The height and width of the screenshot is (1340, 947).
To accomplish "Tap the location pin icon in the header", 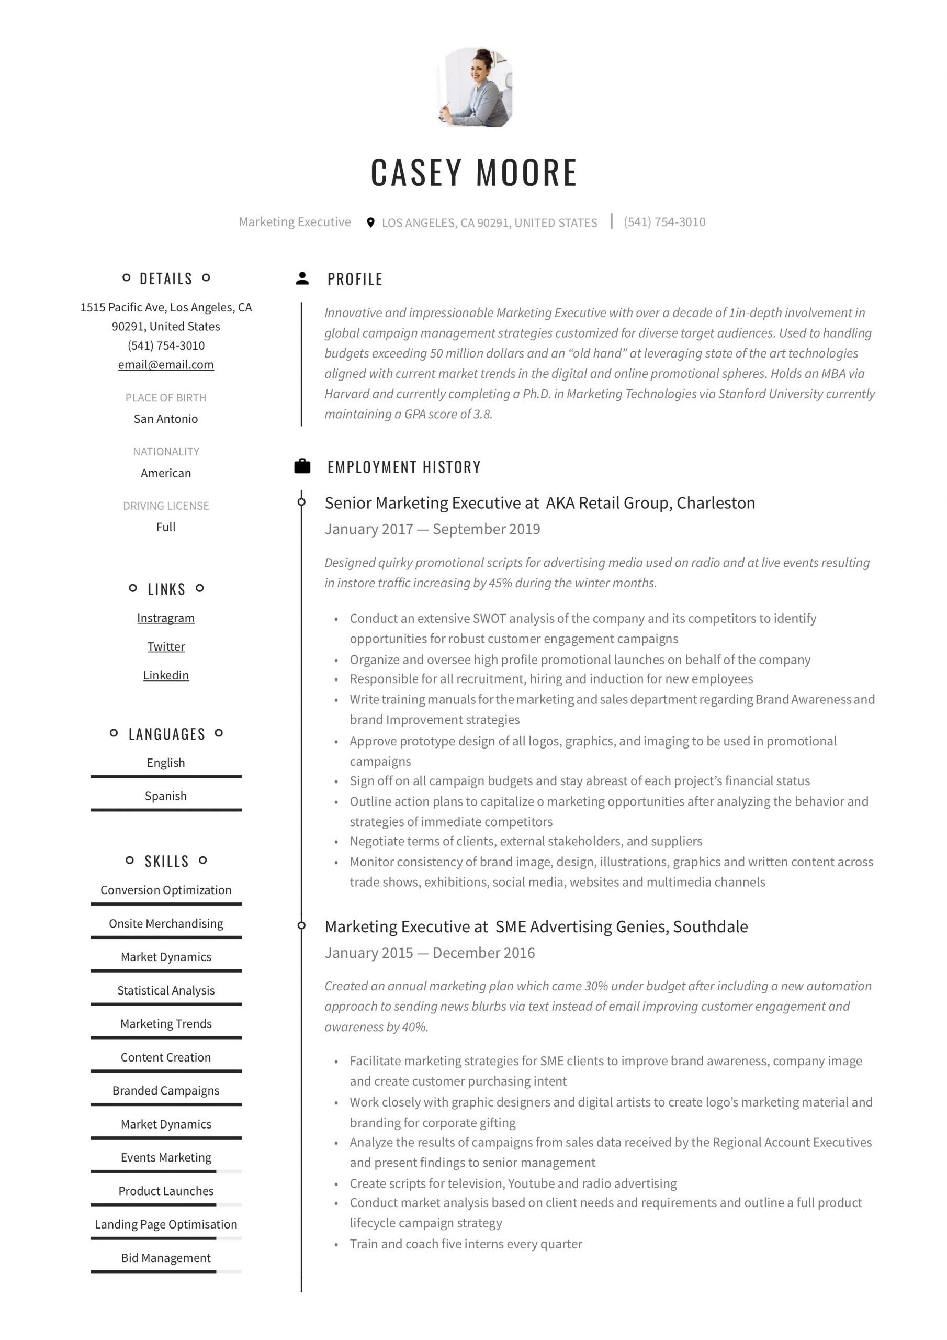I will click(x=370, y=222).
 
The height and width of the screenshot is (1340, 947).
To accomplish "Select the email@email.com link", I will click(x=166, y=365).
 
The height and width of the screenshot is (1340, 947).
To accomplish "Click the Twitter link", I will click(x=166, y=646).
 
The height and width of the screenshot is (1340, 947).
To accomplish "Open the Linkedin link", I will click(x=166, y=675).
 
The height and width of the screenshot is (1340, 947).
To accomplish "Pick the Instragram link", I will click(x=166, y=618).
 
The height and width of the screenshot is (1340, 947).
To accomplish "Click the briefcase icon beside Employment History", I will click(x=302, y=466).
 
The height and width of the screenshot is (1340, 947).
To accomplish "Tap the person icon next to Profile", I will click(x=302, y=278).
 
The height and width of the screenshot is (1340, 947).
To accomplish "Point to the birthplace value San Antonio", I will click(x=166, y=419).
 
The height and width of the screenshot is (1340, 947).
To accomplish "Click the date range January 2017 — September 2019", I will click(x=432, y=529).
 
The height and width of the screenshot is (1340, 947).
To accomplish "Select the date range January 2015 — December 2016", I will click(x=430, y=953).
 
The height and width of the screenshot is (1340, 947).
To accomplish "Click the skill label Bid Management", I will click(x=166, y=1258).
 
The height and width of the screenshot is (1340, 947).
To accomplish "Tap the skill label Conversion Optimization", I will click(x=166, y=890).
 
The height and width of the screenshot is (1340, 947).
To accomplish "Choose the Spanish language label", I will click(x=166, y=796).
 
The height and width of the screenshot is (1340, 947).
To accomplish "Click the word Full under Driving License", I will click(x=166, y=527).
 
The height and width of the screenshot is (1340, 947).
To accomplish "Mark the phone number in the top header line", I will click(x=664, y=222).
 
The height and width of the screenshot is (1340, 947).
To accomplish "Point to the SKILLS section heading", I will click(x=166, y=862).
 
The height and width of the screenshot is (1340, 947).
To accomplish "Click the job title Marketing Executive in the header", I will click(x=295, y=222).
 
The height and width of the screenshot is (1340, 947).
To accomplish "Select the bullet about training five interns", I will click(x=466, y=1244).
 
